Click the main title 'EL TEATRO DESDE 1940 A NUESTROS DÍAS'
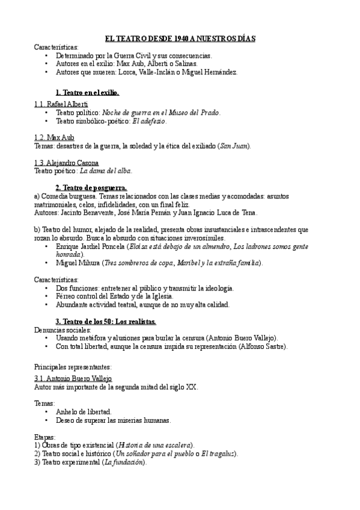(x=180, y=38)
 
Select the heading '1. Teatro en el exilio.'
(x=87, y=93)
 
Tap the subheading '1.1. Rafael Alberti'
(x=61, y=103)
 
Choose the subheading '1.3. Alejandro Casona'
(x=67, y=163)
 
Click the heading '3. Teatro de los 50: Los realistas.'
(x=106, y=322)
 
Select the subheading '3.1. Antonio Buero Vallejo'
(x=73, y=379)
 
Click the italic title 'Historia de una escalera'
(x=154, y=444)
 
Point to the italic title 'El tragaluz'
(x=217, y=453)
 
